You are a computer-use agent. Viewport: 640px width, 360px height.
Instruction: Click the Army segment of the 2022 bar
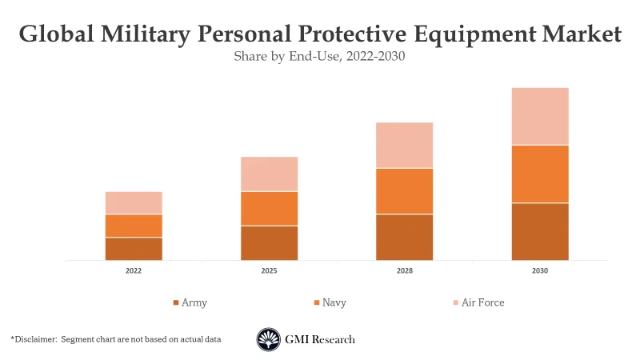click(134, 249)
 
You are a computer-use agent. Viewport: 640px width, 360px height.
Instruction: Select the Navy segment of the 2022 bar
click(134, 226)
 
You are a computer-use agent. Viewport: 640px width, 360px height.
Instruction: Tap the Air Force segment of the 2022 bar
click(134, 203)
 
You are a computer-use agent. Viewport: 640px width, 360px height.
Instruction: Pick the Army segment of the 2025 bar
click(269, 243)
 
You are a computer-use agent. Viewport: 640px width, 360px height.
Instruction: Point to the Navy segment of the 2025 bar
click(269, 209)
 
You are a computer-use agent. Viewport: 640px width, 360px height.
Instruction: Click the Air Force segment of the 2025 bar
click(269, 174)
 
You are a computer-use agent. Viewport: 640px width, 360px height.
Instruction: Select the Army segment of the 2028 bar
click(405, 238)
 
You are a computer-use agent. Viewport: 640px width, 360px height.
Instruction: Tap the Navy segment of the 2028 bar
click(405, 191)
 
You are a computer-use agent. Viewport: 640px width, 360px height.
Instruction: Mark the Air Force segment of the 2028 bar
click(405, 146)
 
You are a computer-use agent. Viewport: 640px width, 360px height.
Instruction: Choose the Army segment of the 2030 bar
click(540, 232)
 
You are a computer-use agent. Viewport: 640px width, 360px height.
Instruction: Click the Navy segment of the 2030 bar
click(540, 174)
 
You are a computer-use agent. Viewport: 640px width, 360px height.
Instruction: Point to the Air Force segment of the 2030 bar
click(540, 117)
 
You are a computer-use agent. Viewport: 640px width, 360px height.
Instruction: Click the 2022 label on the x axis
click(134, 271)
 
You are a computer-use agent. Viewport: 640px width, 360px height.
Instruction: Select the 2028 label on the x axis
click(405, 271)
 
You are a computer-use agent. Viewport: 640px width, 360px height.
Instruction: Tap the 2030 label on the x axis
click(540, 271)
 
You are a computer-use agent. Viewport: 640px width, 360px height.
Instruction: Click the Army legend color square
click(176, 303)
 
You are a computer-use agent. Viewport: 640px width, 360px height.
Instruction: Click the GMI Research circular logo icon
click(269, 339)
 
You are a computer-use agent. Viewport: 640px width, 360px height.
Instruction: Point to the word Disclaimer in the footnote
click(35, 340)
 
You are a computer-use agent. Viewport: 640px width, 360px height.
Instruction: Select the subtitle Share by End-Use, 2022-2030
click(320, 57)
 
